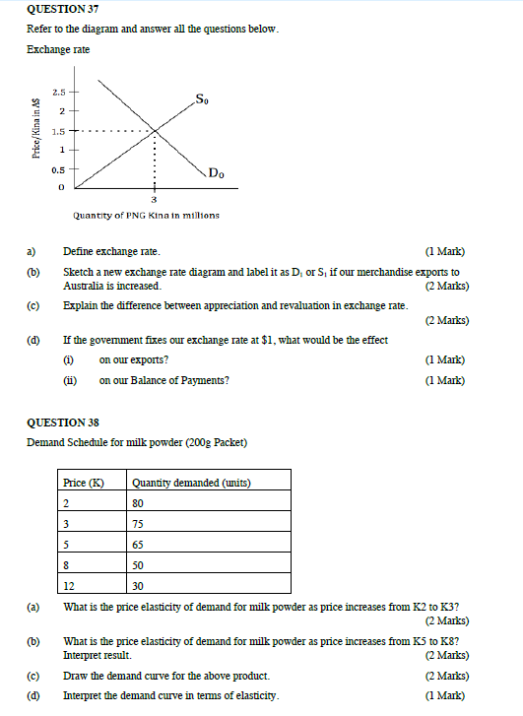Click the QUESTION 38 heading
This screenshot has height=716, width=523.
(63, 423)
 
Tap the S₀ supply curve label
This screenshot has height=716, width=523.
(202, 98)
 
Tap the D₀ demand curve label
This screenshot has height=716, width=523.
(216, 173)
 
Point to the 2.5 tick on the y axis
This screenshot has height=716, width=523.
(59, 91)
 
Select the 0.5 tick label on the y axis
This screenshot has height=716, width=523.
(59, 169)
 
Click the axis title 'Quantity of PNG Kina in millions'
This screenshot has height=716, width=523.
(146, 215)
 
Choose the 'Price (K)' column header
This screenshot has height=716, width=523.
(83, 483)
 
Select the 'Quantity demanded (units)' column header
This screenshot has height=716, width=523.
(191, 483)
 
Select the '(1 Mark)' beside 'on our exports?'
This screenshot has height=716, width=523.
(444, 359)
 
